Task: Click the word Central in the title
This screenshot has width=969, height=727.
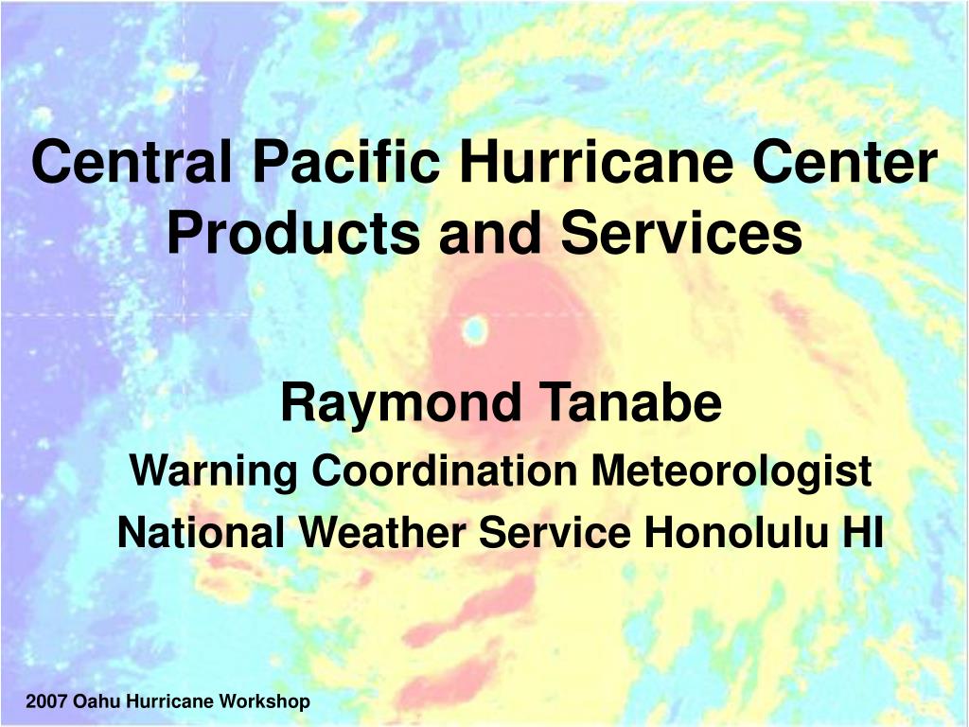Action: [x=132, y=162]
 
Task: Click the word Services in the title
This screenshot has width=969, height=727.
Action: [x=681, y=232]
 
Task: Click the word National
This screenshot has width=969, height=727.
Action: [x=202, y=532]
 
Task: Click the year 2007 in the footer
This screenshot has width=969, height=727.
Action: [x=46, y=701]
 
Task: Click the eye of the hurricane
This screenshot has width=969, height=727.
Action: [x=475, y=330]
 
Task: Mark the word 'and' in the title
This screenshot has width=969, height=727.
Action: [x=490, y=232]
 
